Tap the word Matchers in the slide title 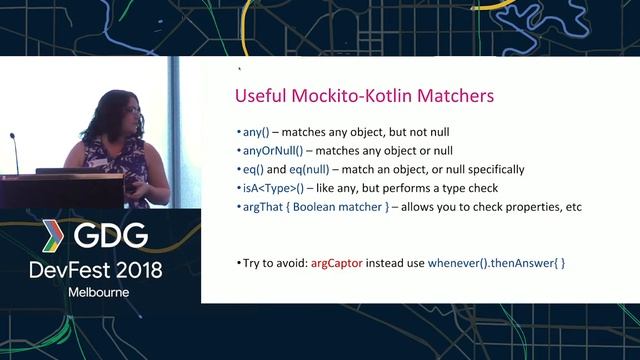click(448, 97)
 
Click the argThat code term click(261, 207)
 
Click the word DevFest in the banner click(71, 270)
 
